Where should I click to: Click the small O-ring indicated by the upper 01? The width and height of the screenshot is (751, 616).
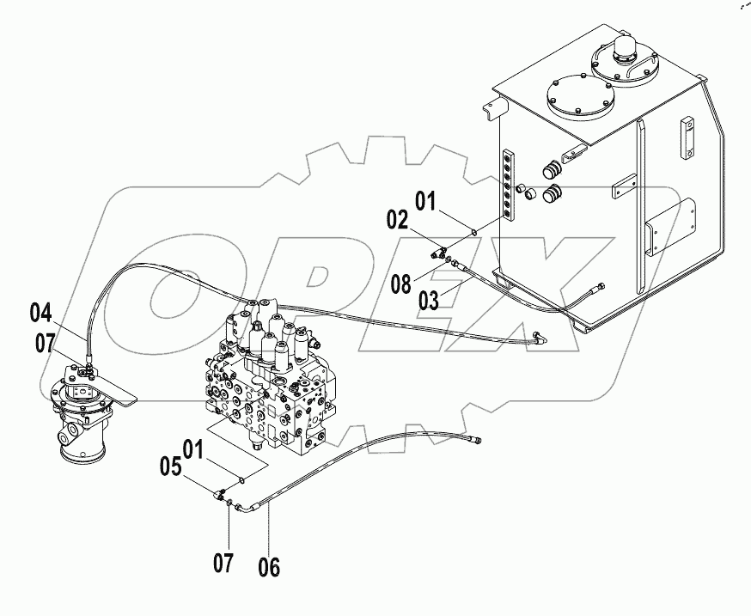(473, 229)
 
